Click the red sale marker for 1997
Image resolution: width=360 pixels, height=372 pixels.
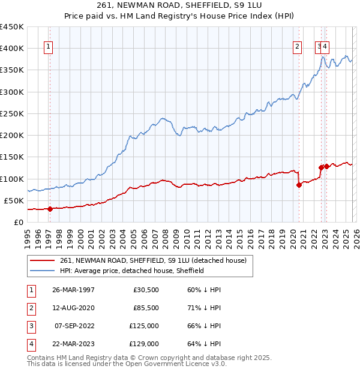coord(50,209)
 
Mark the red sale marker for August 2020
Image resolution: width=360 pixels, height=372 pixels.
coord(298,185)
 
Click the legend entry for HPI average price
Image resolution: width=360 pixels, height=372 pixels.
coord(132,271)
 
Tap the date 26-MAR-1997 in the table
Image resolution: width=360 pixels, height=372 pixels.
coord(73,290)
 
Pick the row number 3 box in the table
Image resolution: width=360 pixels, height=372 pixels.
coord(31,326)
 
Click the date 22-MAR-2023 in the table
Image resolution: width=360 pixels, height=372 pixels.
coord(73,344)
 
